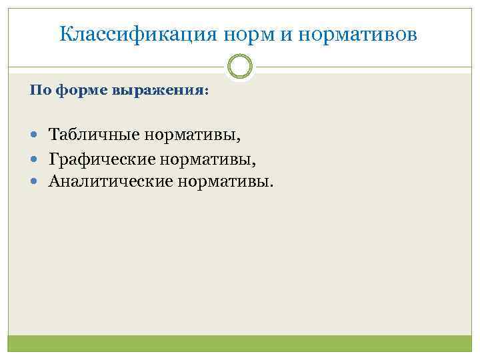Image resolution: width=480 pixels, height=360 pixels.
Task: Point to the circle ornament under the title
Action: tap(240, 66)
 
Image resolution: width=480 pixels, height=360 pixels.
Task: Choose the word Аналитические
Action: tap(110, 181)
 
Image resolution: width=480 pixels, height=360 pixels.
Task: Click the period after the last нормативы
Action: tap(271, 185)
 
